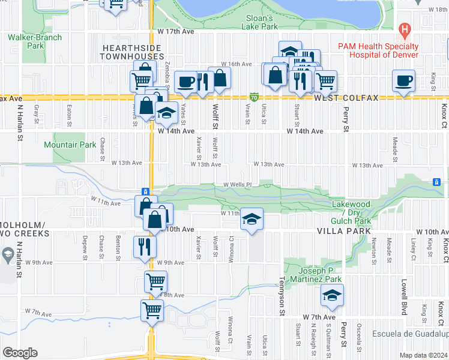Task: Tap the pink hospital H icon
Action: click(x=405, y=29)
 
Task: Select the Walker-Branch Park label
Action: click(x=35, y=41)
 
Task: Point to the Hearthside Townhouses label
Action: click(x=133, y=52)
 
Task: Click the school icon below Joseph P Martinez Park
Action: click(x=332, y=295)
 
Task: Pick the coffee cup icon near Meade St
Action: click(x=403, y=80)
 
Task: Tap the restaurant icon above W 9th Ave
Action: click(x=145, y=246)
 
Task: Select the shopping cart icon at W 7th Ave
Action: click(x=152, y=311)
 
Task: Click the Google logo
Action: click(x=20, y=353)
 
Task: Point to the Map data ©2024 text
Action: click(x=424, y=355)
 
